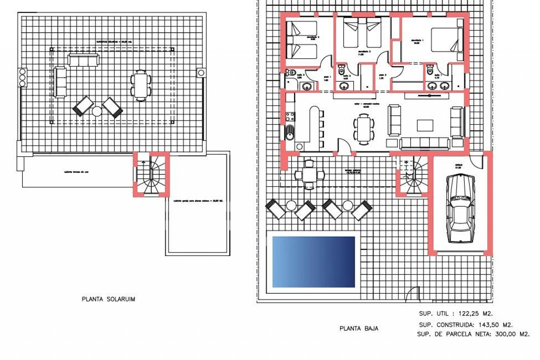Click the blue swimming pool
click(314, 262)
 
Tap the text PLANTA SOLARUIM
click(108, 299)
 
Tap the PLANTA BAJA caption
click(359, 328)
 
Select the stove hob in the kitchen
click(290, 116)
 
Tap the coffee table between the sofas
click(425, 126)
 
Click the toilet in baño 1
click(430, 70)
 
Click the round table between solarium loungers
click(97, 111)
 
